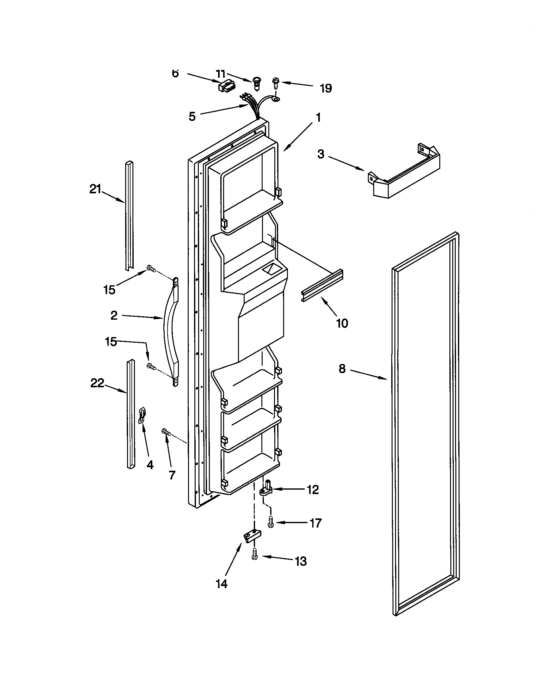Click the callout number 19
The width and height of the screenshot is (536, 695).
(x=326, y=88)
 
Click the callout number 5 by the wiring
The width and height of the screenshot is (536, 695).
(x=192, y=117)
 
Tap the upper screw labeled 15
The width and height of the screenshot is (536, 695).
(x=151, y=269)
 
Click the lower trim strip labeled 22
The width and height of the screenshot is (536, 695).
(x=131, y=414)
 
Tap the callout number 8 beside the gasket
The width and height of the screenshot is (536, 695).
(x=342, y=369)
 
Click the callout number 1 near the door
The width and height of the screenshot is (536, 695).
(x=318, y=118)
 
